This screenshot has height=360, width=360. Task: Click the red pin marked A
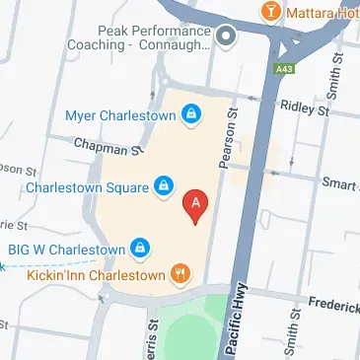pyautogui.click(x=196, y=205)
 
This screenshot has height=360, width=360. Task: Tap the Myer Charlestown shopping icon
pyautogui.click(x=190, y=116)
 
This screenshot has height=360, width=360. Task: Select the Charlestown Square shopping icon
pyautogui.click(x=165, y=184)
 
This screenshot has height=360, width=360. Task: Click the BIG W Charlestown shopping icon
pyautogui.click(x=141, y=247)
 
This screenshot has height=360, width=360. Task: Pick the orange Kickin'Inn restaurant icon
pyautogui.click(x=180, y=273)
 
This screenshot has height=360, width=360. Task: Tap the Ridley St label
pyautogui.click(x=301, y=105)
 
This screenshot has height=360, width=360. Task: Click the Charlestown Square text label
pyautogui.click(x=87, y=185)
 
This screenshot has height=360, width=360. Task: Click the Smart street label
pyautogui.click(x=339, y=183)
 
